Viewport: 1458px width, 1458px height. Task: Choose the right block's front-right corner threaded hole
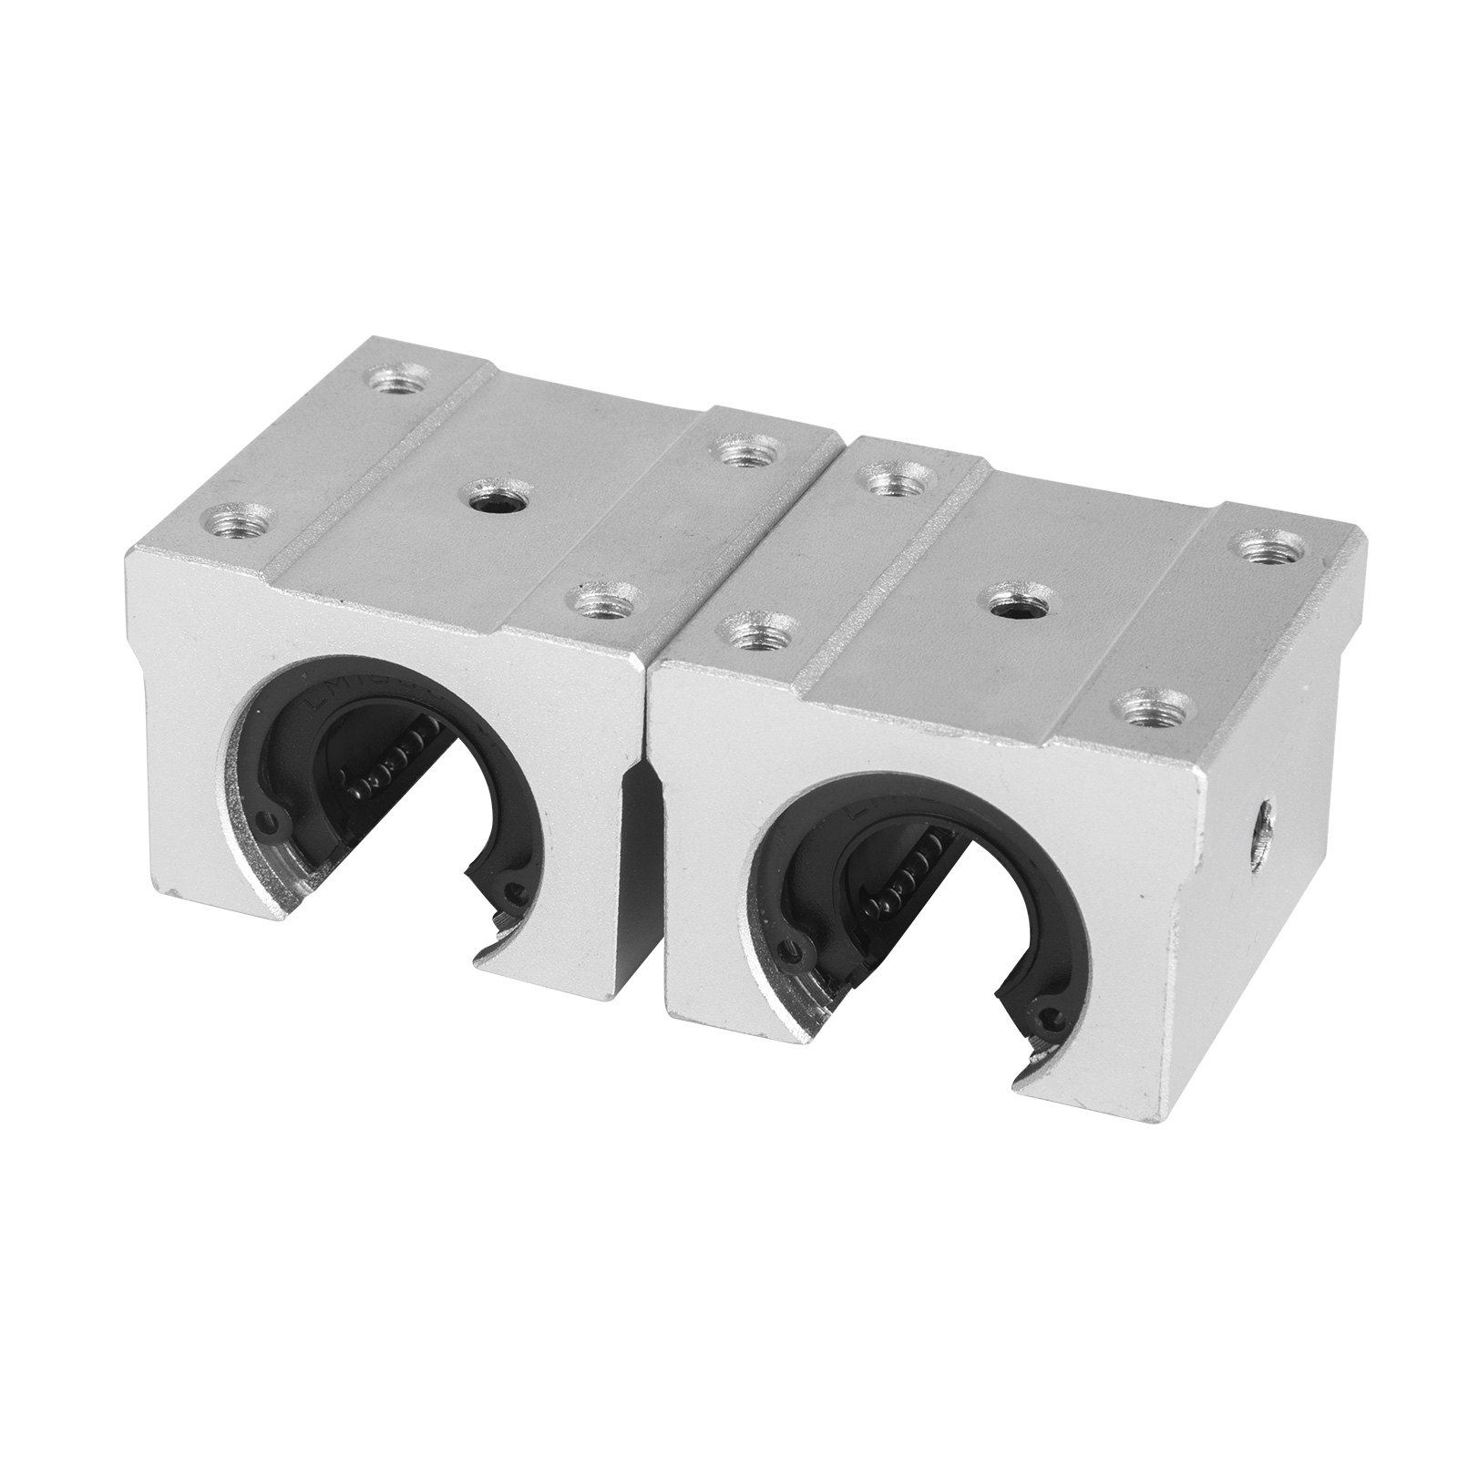tap(1145, 705)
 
